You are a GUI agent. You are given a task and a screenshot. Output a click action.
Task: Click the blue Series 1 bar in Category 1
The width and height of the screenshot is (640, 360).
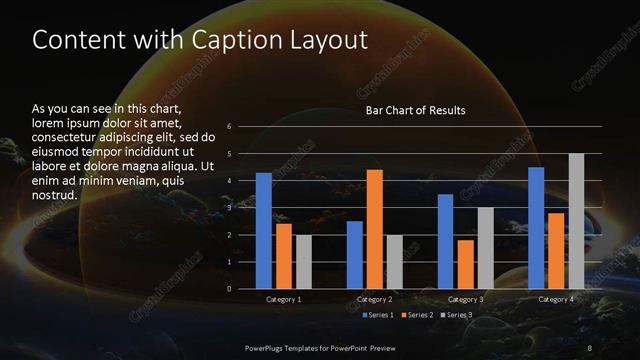coord(264,231)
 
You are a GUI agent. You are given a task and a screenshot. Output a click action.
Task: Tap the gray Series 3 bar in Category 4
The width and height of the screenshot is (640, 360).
coord(576,221)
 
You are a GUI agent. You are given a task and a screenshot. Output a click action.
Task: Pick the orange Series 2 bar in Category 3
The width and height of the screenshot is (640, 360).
coord(466,264)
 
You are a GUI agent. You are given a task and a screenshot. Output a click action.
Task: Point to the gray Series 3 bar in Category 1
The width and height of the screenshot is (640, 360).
coord(304,262)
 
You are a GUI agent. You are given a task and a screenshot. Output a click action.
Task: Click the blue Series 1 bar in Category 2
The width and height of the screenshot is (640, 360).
coord(355,255)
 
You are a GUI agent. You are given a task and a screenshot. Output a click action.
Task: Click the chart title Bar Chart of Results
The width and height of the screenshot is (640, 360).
coord(415,110)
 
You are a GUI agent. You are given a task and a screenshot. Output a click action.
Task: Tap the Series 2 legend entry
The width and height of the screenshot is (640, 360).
coord(417,315)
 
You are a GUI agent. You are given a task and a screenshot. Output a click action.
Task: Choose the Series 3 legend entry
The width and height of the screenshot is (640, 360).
coord(459,315)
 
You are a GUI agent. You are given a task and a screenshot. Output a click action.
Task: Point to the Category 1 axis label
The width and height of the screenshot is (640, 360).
coord(284,299)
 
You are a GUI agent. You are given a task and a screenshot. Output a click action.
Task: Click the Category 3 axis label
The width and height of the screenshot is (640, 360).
coord(465,299)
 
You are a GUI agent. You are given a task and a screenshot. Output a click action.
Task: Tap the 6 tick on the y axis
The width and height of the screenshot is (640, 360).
coord(230,127)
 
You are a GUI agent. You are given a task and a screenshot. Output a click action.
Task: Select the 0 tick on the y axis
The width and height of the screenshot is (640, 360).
coord(230,289)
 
